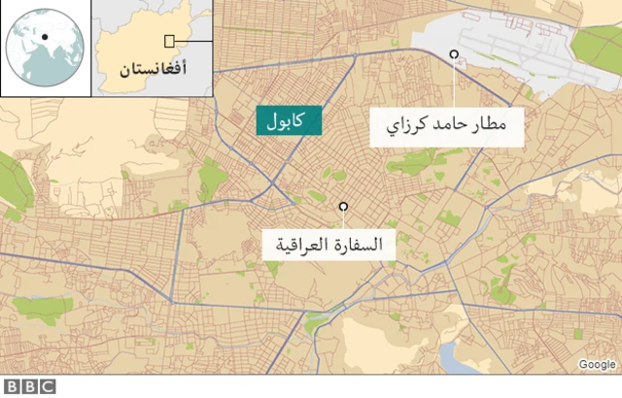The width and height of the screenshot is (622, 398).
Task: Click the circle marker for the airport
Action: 454,54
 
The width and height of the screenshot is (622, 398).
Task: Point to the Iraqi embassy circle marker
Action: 342,206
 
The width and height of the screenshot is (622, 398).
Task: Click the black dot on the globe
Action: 44,38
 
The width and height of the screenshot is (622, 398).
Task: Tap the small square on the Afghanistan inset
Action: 170,41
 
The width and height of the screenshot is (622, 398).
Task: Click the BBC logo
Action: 29,386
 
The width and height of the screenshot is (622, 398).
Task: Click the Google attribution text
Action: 596,364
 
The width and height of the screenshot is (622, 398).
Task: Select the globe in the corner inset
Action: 45,48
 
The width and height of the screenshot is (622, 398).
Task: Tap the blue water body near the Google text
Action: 457,359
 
